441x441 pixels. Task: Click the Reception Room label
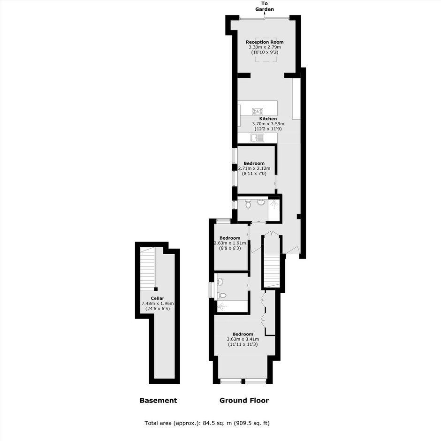click(265, 42)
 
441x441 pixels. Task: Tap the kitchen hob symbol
click(258, 111)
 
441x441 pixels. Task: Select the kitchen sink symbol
click(258, 138)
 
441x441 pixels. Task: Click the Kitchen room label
click(268, 119)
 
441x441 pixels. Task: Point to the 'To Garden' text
click(265, 6)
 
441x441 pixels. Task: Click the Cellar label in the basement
click(158, 298)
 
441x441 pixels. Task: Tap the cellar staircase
click(147, 269)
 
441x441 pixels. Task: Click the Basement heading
click(159, 401)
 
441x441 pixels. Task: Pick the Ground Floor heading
click(244, 401)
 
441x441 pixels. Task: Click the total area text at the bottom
click(207, 423)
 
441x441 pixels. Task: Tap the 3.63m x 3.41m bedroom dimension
click(243, 339)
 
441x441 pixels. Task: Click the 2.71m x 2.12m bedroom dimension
click(254, 168)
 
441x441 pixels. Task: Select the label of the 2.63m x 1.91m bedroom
click(230, 238)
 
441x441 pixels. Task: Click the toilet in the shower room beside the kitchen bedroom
click(248, 204)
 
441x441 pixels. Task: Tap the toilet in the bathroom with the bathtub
click(222, 295)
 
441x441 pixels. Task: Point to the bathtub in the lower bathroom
click(231, 306)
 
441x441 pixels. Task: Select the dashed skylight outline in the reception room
click(266, 50)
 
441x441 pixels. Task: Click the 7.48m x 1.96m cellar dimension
click(158, 304)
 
